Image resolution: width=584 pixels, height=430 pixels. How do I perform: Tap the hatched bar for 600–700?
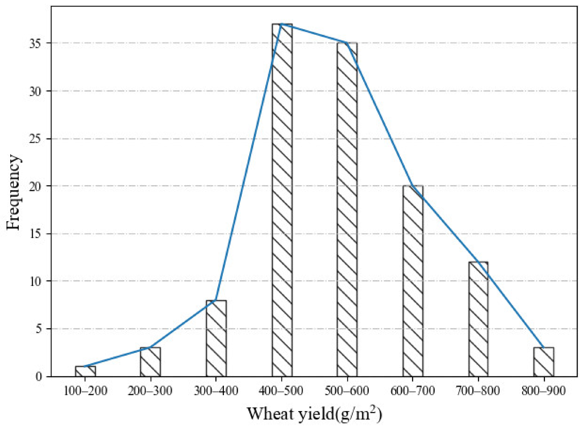click(x=413, y=281)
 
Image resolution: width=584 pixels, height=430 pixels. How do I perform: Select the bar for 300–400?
click(x=216, y=338)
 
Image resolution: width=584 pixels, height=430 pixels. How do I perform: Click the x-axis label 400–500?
click(x=281, y=391)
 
